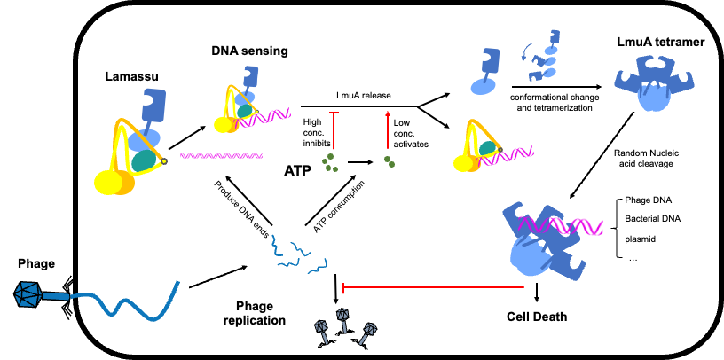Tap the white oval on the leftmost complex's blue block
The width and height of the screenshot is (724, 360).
(146, 100)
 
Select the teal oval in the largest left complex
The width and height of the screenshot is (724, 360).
(144, 160)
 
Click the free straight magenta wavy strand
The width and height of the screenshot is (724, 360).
(221, 156)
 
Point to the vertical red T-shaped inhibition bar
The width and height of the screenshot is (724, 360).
(334, 130)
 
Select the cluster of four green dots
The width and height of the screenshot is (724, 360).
(330, 163)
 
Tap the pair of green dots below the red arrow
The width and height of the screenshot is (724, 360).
(390, 162)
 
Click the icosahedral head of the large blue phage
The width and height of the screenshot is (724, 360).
(28, 294)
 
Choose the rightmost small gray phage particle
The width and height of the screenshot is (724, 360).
(367, 333)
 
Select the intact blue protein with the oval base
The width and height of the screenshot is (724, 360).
(486, 71)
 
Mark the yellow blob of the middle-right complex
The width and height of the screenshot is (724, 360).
(467, 163)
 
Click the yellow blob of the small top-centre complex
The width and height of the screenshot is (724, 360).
(225, 124)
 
